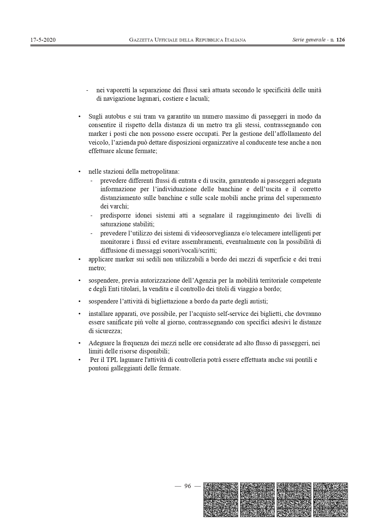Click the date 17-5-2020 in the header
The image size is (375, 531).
pyautogui.click(x=43, y=40)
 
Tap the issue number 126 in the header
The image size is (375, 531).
pyautogui.click(x=341, y=40)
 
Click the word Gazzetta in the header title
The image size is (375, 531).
pyautogui.click(x=141, y=40)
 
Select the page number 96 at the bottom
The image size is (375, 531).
pyautogui.click(x=187, y=486)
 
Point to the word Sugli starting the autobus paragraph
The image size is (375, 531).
pyautogui.click(x=96, y=116)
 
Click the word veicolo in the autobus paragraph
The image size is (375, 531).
pyautogui.click(x=97, y=143)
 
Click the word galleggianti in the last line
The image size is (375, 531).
pyautogui.click(x=126, y=369)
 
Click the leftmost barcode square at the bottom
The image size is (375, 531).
pyautogui.click(x=221, y=500)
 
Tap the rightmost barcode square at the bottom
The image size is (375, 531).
pyautogui.click(x=331, y=500)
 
